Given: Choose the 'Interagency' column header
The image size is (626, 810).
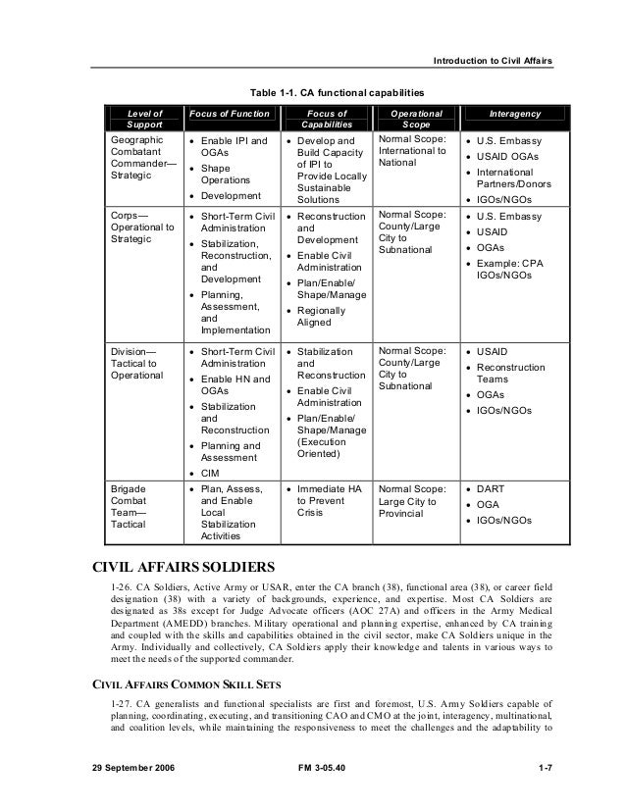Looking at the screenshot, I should coord(514,114).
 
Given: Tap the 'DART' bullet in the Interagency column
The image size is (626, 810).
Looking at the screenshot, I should coord(493,489).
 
